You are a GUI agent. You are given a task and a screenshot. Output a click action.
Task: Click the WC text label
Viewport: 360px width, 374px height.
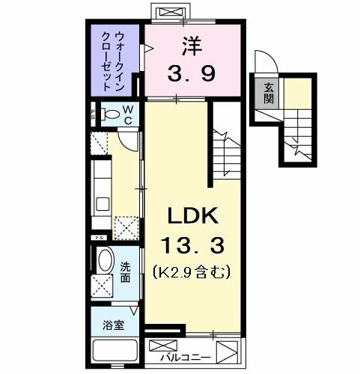[128, 114]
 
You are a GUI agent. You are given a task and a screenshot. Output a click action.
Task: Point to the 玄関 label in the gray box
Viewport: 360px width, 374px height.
[267, 92]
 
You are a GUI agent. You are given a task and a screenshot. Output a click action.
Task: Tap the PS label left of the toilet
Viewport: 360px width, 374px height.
[93, 115]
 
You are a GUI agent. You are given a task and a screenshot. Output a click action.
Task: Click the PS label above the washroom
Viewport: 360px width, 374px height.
[97, 239]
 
